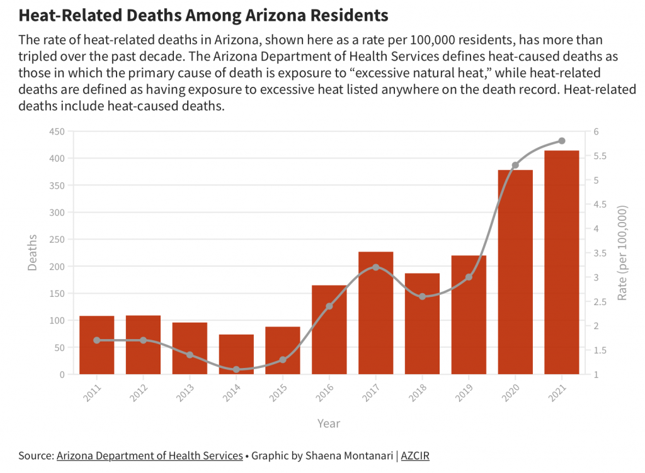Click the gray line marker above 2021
(x=562, y=141)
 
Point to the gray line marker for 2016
(x=329, y=306)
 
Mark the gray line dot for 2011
(x=97, y=340)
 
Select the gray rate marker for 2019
(x=469, y=277)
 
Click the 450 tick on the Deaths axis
(x=57, y=131)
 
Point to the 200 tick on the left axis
(x=57, y=267)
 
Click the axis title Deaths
(x=33, y=253)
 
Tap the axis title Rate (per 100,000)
(x=622, y=253)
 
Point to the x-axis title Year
(x=329, y=423)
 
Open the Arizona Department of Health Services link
(x=149, y=456)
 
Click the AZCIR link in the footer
(x=415, y=456)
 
